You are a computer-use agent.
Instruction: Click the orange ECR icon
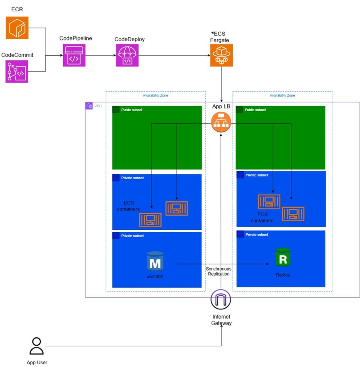(17, 28)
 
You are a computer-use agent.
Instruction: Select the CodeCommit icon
(17, 71)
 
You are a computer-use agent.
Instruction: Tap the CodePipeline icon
(74, 55)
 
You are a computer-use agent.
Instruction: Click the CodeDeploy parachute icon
(127, 55)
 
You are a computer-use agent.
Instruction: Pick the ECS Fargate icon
(221, 55)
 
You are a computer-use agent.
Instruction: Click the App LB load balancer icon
(221, 122)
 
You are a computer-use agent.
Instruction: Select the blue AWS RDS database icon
(155, 261)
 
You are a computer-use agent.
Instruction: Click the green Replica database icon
(283, 258)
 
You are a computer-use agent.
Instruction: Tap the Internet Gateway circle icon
(221, 299)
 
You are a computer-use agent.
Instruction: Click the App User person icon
(36, 346)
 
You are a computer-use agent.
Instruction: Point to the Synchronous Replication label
(218, 271)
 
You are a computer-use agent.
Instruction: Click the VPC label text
(98, 106)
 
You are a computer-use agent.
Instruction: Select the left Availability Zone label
(155, 96)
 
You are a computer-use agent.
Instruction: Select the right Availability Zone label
(282, 96)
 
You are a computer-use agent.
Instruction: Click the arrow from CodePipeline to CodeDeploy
(100, 56)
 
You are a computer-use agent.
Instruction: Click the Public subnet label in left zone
(132, 110)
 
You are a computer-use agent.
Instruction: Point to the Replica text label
(283, 275)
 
